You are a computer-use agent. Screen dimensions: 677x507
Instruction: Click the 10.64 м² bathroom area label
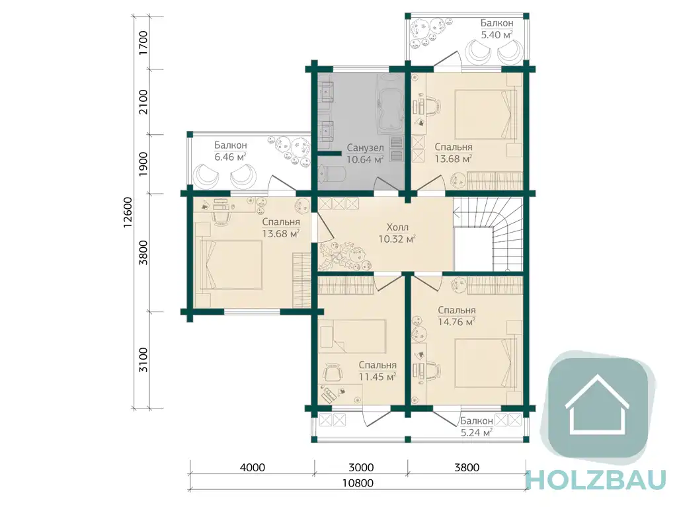click(x=365, y=159)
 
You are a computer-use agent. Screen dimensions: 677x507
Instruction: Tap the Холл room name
click(x=397, y=227)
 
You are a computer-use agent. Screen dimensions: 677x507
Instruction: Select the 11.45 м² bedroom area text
click(x=378, y=377)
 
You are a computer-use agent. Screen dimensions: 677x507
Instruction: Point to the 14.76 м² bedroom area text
click(x=456, y=322)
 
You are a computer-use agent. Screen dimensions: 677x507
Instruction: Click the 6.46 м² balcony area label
click(x=230, y=157)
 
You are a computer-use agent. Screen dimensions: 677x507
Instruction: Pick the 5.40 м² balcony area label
click(x=497, y=34)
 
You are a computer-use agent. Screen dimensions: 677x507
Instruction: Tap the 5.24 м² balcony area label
click(x=477, y=432)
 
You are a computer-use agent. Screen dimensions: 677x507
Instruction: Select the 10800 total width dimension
click(x=358, y=483)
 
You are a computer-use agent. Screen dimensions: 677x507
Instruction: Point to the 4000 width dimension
click(x=252, y=467)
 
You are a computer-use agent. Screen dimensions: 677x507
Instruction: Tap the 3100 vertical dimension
click(x=143, y=360)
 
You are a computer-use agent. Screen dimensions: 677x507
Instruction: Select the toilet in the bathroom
click(x=332, y=174)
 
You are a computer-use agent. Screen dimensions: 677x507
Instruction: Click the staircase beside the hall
click(x=488, y=233)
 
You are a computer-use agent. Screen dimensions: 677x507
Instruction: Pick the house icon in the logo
click(x=597, y=405)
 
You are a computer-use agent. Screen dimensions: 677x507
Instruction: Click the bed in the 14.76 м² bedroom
click(x=486, y=364)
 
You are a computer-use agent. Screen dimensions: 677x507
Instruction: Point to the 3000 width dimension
click(x=361, y=467)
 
